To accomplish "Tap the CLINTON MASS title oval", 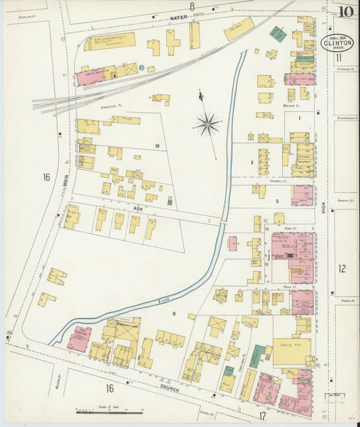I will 335,45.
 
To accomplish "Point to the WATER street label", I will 178,18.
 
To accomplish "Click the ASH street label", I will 138,209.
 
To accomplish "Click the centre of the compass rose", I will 207,124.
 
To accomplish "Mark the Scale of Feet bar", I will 105,411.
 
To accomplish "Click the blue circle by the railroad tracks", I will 142,67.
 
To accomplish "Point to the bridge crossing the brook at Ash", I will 223,220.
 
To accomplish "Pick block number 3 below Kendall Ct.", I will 276,201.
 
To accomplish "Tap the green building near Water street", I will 278,32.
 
